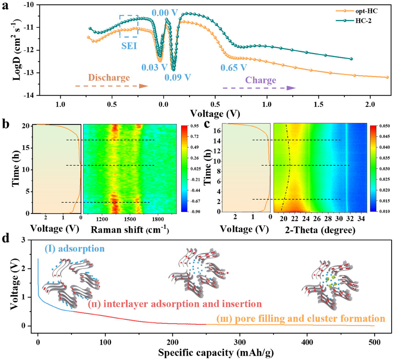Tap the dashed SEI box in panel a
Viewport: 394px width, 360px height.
click(129, 26)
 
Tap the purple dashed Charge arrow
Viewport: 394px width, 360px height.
click(259, 88)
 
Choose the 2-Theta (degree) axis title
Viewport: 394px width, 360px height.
click(318, 229)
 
